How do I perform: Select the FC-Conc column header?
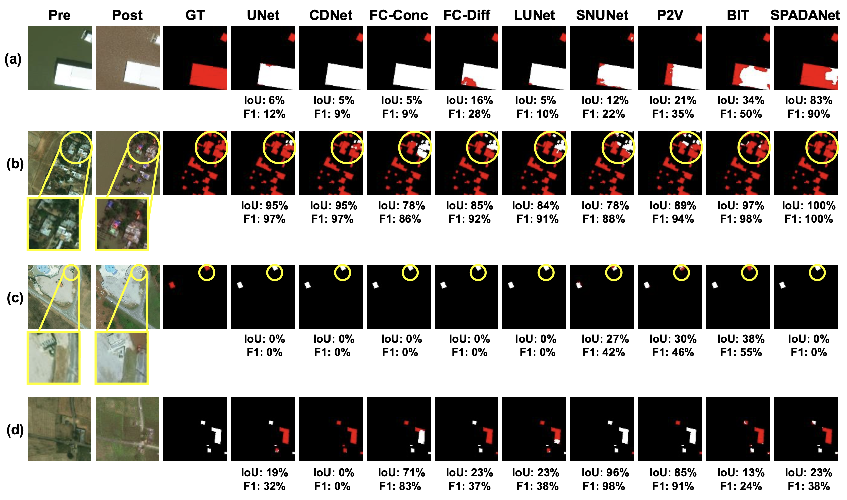pos(398,15)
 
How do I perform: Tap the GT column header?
pos(195,15)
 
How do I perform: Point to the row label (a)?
pos(13,59)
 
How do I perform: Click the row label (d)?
pos(15,430)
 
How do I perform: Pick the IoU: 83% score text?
pos(808,100)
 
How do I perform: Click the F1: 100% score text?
pos(808,219)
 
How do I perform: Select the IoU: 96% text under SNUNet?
pos(605,472)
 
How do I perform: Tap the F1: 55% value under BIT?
pos(741,352)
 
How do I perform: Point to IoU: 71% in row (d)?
pos(401,472)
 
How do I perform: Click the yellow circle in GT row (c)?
pos(207,273)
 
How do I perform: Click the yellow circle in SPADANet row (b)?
pos(822,148)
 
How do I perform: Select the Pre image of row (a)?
pos(59,58)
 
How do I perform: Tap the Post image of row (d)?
pos(127,428)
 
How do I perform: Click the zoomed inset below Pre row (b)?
pos(54,224)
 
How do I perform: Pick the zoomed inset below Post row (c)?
pos(122,358)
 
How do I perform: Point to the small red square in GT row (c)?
pos(172,285)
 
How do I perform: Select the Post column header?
pos(127,15)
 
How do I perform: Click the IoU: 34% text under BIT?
pos(741,100)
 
